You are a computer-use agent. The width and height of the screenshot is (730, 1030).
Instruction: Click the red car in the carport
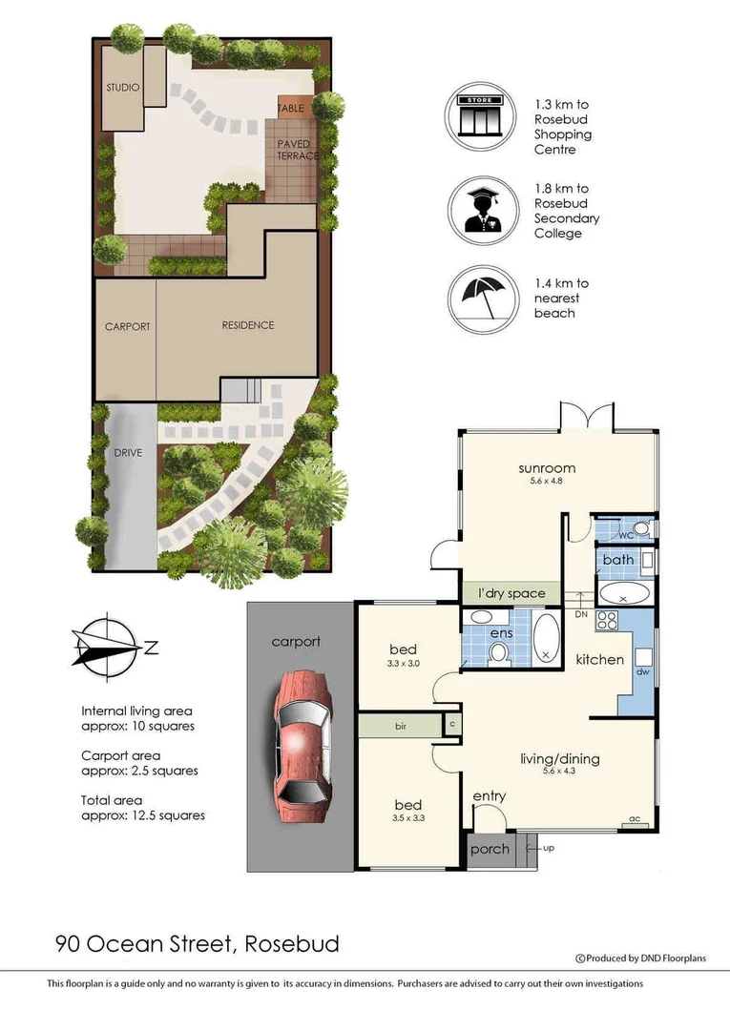click(x=301, y=737)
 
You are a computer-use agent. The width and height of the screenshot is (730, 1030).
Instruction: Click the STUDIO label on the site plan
click(x=123, y=88)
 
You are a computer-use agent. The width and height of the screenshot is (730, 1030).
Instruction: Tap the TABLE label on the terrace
click(x=290, y=109)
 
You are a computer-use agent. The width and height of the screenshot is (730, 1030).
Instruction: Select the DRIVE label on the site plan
click(x=127, y=453)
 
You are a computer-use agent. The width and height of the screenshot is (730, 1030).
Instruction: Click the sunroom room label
click(x=545, y=468)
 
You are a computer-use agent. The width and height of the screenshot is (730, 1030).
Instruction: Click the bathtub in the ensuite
click(x=546, y=637)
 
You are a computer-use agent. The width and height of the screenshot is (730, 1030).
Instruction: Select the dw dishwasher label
click(x=641, y=670)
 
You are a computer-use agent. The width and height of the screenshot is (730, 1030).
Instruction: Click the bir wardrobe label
click(x=402, y=726)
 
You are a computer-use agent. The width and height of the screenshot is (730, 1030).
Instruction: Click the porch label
click(x=490, y=849)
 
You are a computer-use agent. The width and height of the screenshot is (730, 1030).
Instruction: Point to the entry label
click(x=490, y=796)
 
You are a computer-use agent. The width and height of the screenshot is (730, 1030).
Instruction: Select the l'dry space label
click(x=511, y=593)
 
